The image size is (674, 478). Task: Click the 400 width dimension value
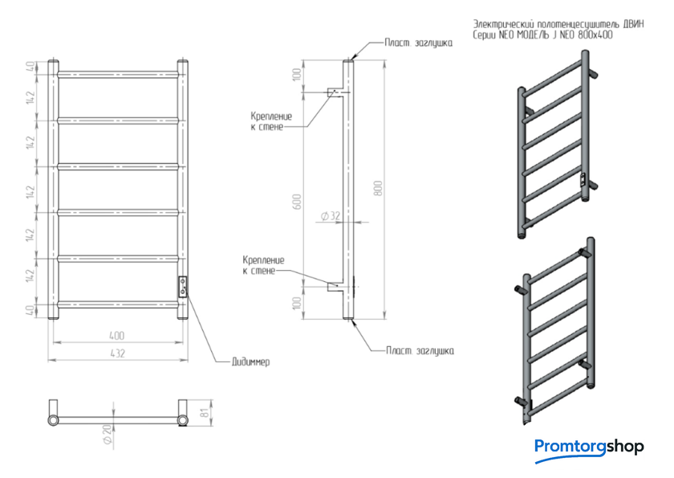[x=117, y=336]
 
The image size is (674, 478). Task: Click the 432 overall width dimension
[x=117, y=353]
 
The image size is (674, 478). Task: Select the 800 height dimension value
[x=378, y=189]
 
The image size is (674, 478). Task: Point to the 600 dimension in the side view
[x=297, y=202]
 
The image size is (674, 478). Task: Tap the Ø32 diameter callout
[x=331, y=216]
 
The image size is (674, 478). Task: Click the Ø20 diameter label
[x=107, y=434]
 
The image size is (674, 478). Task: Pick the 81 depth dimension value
[x=206, y=411]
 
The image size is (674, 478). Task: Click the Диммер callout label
[x=251, y=362]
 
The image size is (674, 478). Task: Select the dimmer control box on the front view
[x=183, y=286]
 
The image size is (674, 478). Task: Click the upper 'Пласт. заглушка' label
[x=418, y=43]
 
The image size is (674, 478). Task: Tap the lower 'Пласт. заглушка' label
[x=420, y=350]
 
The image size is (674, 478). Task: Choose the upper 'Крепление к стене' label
[x=271, y=121]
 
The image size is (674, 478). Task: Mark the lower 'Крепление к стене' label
[x=263, y=265]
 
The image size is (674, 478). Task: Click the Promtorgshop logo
[x=589, y=448]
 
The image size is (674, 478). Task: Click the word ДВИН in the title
[x=633, y=24]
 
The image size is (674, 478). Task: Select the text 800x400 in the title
[x=595, y=35]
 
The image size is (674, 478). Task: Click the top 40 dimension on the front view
[x=30, y=67]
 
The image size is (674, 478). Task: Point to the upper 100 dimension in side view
[x=297, y=76]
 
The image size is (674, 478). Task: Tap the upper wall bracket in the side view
[x=335, y=92]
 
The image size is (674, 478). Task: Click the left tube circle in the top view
[x=53, y=420]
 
